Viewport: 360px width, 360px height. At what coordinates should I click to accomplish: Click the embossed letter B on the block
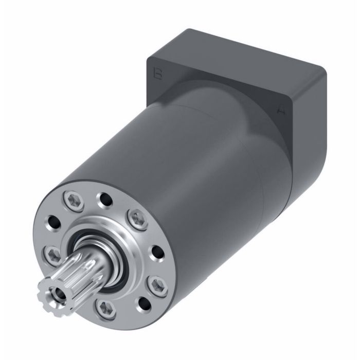(x=158, y=74)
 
